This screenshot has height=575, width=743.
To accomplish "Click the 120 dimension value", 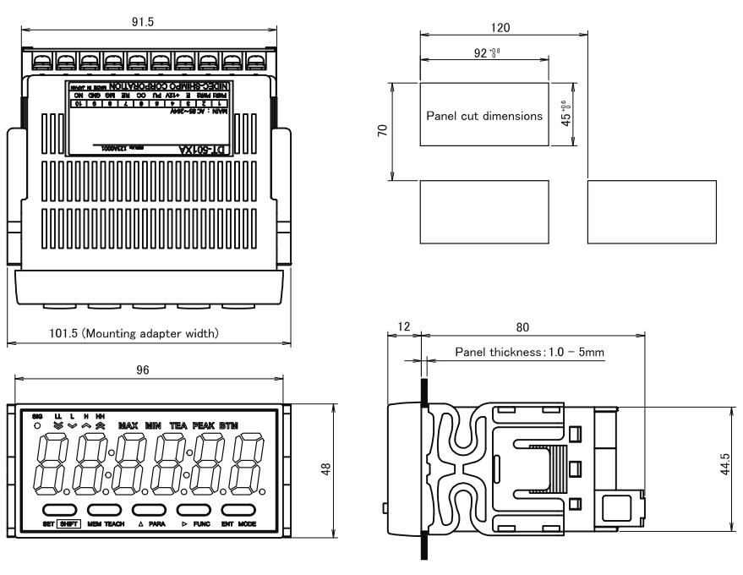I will (x=500, y=28).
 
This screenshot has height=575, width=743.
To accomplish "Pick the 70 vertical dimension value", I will (x=381, y=132).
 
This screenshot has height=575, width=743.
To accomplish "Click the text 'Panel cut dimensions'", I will (x=484, y=117).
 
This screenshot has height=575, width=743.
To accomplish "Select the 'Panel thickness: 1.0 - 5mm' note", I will (x=530, y=352).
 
